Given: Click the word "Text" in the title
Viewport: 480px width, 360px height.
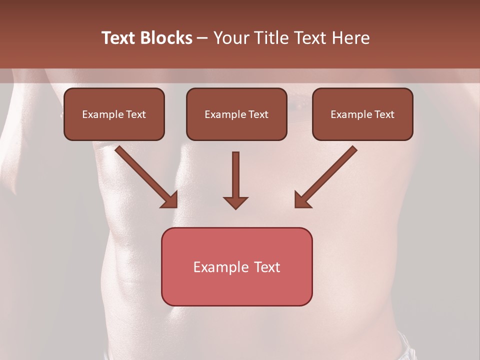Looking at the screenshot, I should [118, 38].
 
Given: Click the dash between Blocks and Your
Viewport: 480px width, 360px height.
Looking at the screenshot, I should [202, 38].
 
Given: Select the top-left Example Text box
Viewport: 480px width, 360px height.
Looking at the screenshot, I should [114, 114].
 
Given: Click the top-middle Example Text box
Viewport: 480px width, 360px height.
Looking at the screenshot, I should [236, 114].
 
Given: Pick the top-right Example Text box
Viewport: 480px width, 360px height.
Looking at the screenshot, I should [362, 114].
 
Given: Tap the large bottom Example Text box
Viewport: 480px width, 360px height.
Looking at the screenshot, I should [236, 266].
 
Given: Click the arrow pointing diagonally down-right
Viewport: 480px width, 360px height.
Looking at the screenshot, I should [145, 175].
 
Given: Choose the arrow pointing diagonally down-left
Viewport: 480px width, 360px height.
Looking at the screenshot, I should [326, 175].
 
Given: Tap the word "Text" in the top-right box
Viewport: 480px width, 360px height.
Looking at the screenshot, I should [384, 114].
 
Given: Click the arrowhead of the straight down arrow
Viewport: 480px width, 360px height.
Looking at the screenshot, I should [235, 202].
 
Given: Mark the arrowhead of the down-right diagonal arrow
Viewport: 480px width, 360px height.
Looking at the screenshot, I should [170, 199].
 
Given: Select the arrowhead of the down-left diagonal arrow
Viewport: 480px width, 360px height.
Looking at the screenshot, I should [301, 199].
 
